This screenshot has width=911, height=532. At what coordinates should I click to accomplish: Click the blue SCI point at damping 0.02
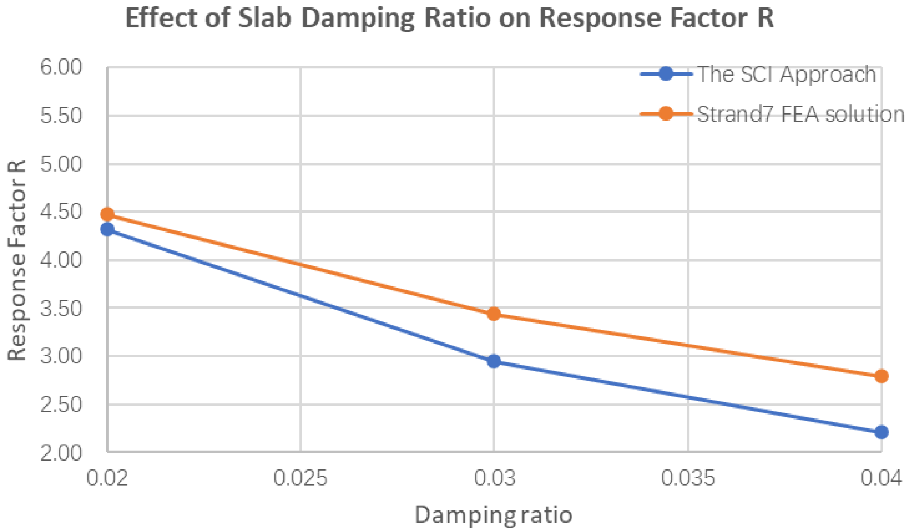[x=107, y=229]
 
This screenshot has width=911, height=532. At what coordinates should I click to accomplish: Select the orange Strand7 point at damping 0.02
[x=107, y=214]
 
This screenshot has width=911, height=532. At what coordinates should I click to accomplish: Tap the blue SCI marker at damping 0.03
[x=494, y=361]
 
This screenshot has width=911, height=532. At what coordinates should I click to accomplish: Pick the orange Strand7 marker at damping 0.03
[x=494, y=314]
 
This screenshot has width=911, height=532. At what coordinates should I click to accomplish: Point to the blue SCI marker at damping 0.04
[x=881, y=432]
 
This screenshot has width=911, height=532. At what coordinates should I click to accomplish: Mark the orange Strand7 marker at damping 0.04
[x=881, y=376]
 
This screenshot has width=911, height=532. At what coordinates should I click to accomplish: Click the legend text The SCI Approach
[x=787, y=74]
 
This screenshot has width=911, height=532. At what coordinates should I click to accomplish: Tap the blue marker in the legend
[x=665, y=74]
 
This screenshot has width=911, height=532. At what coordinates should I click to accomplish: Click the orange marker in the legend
[x=665, y=113]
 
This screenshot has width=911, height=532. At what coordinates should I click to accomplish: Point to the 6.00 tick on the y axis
[x=61, y=67]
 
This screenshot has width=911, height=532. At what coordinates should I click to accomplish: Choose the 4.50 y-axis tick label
[x=61, y=212]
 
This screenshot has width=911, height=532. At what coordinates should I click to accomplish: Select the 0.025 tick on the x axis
[x=300, y=478]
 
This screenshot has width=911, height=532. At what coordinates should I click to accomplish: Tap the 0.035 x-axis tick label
[x=687, y=478]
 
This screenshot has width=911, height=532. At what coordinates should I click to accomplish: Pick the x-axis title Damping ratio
[x=493, y=515]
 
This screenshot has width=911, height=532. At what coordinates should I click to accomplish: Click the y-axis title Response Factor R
[x=17, y=260]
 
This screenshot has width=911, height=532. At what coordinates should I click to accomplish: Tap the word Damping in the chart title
[x=358, y=18]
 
